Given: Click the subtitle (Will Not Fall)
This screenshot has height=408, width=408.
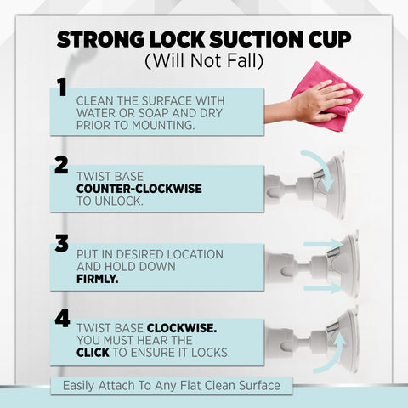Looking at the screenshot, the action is (x=204, y=60).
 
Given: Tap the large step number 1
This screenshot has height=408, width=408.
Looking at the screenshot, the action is (x=62, y=88).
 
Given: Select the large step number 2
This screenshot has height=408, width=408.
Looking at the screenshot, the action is (x=61, y=165).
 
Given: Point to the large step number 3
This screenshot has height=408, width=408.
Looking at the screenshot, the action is (x=62, y=243).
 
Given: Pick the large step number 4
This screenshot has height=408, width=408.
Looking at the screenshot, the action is (x=62, y=319).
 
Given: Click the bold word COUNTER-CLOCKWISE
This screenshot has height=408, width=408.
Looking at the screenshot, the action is (x=139, y=189).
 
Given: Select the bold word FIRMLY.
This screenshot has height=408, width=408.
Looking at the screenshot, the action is (x=97, y=279).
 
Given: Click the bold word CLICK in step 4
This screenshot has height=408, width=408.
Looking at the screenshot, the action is (x=93, y=353).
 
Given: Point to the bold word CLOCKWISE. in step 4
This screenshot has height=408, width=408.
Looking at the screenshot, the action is (x=182, y=328).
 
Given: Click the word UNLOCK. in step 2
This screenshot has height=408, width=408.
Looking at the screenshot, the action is (x=119, y=201).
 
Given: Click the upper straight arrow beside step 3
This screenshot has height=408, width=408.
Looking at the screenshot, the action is (x=324, y=244).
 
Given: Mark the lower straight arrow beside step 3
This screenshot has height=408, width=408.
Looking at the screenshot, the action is (x=324, y=288).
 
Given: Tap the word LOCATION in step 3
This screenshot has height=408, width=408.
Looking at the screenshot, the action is (x=195, y=254).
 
